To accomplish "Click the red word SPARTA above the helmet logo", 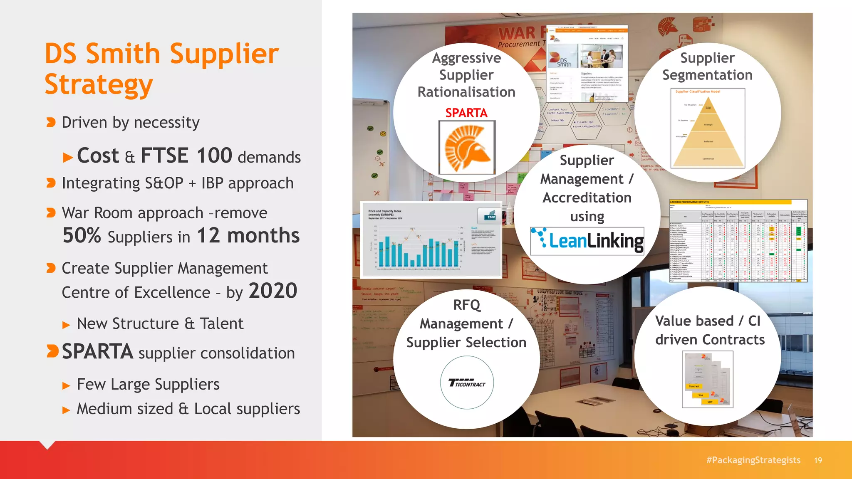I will (x=466, y=113).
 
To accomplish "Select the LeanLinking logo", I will (x=587, y=241).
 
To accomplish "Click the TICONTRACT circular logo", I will (x=467, y=383).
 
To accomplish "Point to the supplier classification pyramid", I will (x=708, y=129).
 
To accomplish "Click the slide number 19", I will (x=818, y=460).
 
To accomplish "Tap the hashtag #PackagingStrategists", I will (x=753, y=460).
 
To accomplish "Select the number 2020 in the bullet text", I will (x=273, y=291).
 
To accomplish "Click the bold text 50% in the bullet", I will (x=82, y=235).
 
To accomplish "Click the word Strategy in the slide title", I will (x=99, y=84).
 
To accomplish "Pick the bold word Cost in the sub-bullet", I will (x=98, y=156).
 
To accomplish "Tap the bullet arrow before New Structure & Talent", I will (x=66, y=325).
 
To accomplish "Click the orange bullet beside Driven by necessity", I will (x=51, y=123).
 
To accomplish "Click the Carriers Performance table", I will (x=738, y=241).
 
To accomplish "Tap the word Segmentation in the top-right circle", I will (x=707, y=75).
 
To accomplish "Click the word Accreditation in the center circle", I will (x=587, y=198).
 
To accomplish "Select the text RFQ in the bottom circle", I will (x=466, y=305).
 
